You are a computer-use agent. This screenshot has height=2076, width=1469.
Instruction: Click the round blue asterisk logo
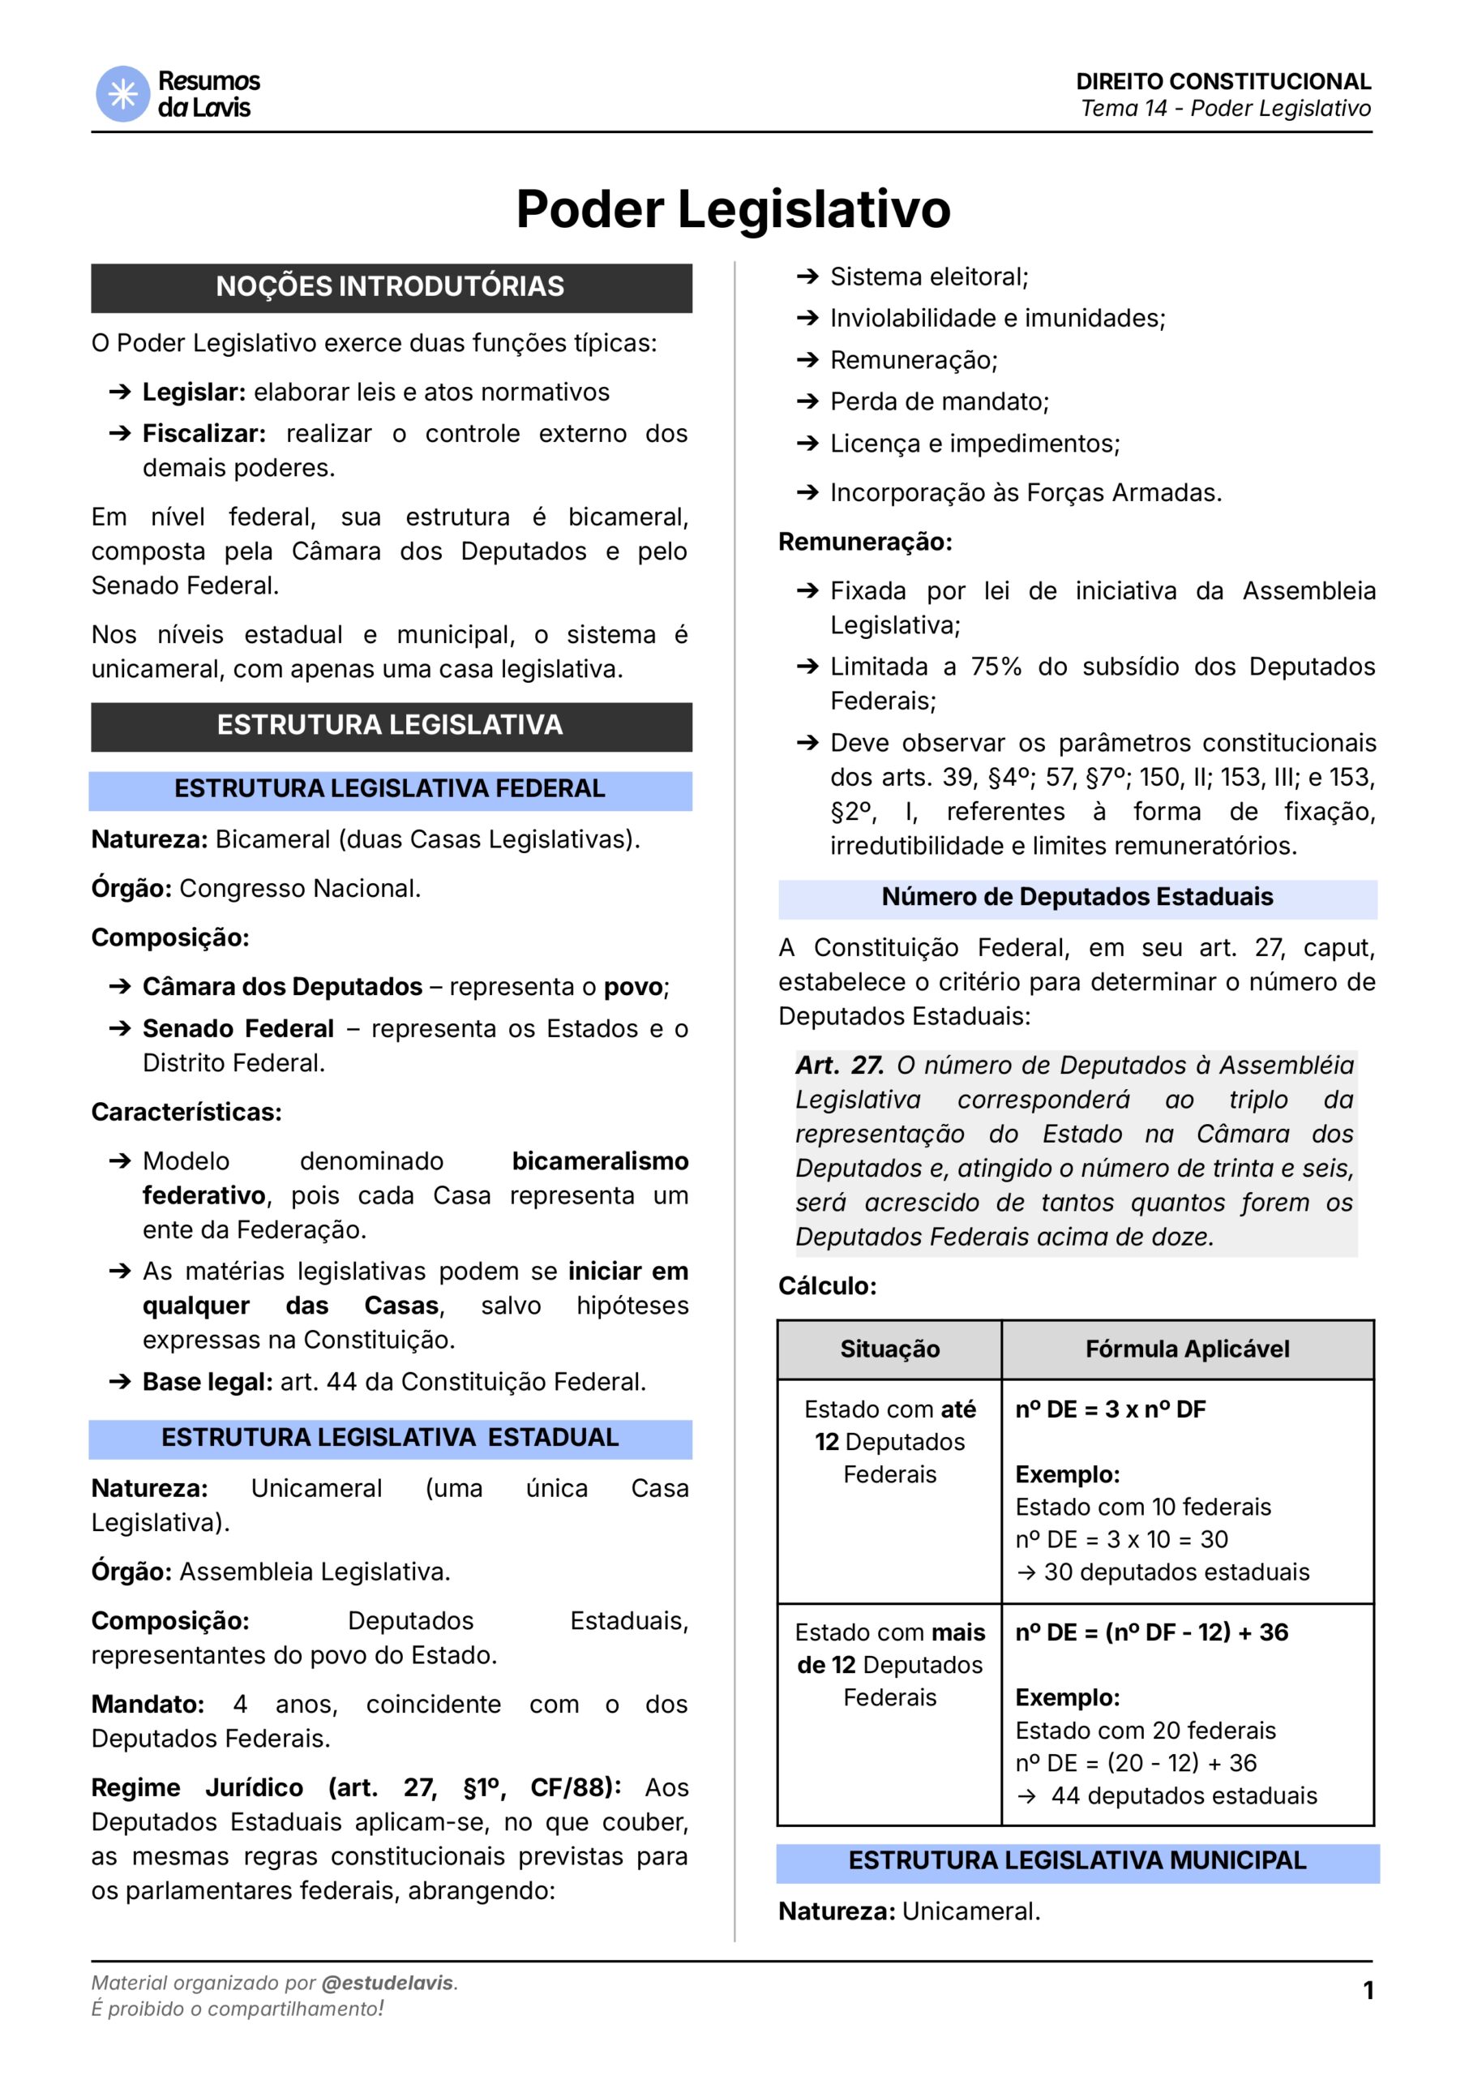[x=122, y=94]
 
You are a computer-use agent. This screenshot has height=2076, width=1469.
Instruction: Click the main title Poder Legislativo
[x=733, y=209]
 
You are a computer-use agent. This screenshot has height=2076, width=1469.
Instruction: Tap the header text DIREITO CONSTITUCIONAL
[x=1223, y=81]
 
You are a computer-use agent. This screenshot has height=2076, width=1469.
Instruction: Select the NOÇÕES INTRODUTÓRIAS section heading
[x=390, y=287]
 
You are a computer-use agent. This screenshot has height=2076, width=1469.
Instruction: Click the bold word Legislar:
[x=194, y=392]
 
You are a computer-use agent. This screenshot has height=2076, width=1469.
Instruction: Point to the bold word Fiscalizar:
[x=203, y=433]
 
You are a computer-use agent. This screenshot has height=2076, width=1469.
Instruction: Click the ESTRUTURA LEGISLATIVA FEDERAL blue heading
[x=390, y=789]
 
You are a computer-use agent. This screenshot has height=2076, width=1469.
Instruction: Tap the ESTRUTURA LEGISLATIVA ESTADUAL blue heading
[x=390, y=1437]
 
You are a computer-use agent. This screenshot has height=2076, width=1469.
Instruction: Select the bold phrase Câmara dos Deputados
[x=282, y=986]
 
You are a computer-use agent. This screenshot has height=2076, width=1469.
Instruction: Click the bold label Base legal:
[x=208, y=1382]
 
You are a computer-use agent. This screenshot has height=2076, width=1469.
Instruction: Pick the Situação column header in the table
[x=889, y=1349]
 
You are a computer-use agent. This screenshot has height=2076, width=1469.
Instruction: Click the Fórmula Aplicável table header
[x=1187, y=1349]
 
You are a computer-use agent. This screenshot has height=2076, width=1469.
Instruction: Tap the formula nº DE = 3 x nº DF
[x=1110, y=1409]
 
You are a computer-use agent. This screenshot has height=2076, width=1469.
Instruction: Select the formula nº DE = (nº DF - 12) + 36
[x=1150, y=1632]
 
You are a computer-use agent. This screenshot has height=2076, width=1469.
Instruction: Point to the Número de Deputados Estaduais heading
[x=1077, y=898]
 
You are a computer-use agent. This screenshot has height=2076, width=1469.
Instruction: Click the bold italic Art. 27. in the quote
[x=839, y=1066]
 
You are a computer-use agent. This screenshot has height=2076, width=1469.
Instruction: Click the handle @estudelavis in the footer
[x=388, y=1983]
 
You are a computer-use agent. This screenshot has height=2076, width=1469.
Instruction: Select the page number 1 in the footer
[x=1368, y=1990]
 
